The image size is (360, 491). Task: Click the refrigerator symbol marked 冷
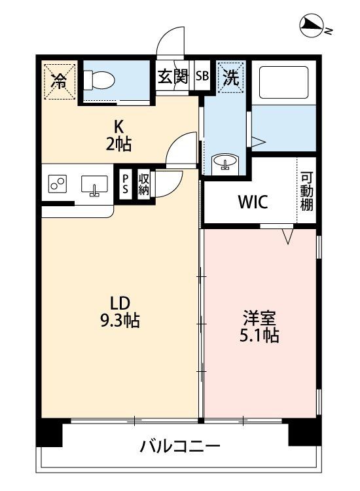point(59,81)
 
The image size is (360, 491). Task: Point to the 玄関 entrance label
point(173,76)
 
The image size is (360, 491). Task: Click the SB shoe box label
point(202,76)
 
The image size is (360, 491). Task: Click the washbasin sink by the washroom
point(226,162)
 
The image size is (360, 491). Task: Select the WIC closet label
point(252,202)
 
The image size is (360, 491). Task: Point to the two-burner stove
point(57,185)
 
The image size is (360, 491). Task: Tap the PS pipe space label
point(126,184)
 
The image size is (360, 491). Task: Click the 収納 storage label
point(144,184)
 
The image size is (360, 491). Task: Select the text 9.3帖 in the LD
point(120,321)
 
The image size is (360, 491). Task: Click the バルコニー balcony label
point(179,448)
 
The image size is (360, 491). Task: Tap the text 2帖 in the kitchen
point(120,144)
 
